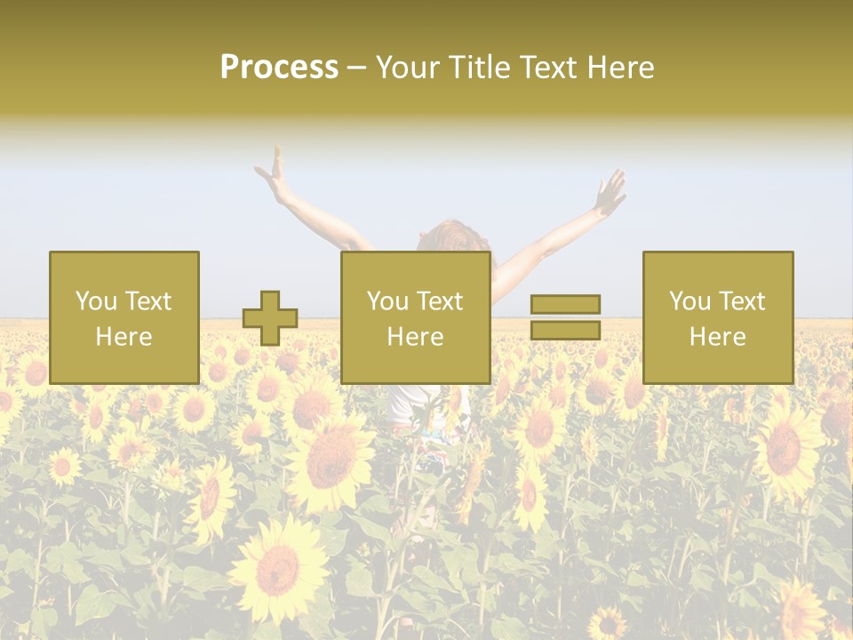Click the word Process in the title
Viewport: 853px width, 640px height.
[x=279, y=68]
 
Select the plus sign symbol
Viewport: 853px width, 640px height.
[x=270, y=318]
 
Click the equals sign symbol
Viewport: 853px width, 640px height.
[x=565, y=317]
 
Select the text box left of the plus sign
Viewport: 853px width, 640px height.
[x=124, y=317]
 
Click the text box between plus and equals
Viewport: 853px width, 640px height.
[x=416, y=317]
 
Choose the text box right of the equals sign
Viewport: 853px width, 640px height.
[x=718, y=317]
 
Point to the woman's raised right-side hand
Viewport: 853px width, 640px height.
[x=611, y=188]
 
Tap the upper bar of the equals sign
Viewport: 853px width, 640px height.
[x=565, y=304]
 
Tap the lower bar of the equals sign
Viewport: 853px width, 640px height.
[x=565, y=331]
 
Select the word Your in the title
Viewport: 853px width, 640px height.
[x=411, y=68]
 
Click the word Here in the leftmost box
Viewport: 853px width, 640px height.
[x=124, y=337]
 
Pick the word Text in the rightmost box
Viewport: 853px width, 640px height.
[x=743, y=301]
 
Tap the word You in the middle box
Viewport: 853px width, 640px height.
[x=387, y=301]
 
